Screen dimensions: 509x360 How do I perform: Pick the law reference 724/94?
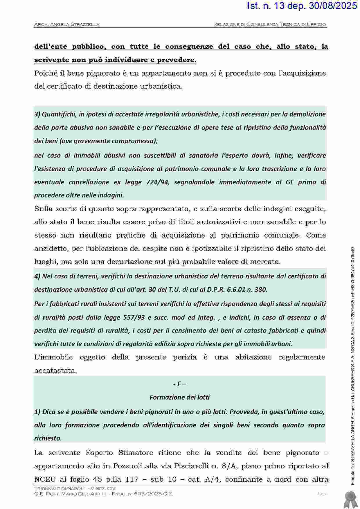[157, 182]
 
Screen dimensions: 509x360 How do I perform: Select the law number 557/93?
[134, 317]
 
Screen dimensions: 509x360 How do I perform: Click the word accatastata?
[55, 371]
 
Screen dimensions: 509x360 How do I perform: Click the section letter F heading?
[179, 384]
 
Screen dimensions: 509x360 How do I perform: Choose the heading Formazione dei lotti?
[179, 397]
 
